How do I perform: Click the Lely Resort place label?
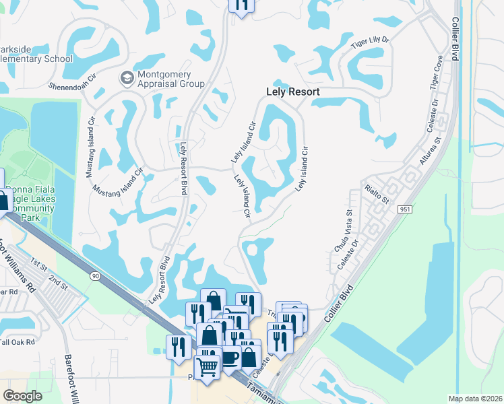click(292, 92)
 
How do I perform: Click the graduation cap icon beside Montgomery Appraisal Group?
click(125, 79)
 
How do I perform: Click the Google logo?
click(22, 395)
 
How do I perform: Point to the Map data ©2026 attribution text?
click(475, 399)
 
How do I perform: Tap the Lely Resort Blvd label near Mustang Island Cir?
click(183, 168)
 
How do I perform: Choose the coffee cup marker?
click(230, 358)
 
